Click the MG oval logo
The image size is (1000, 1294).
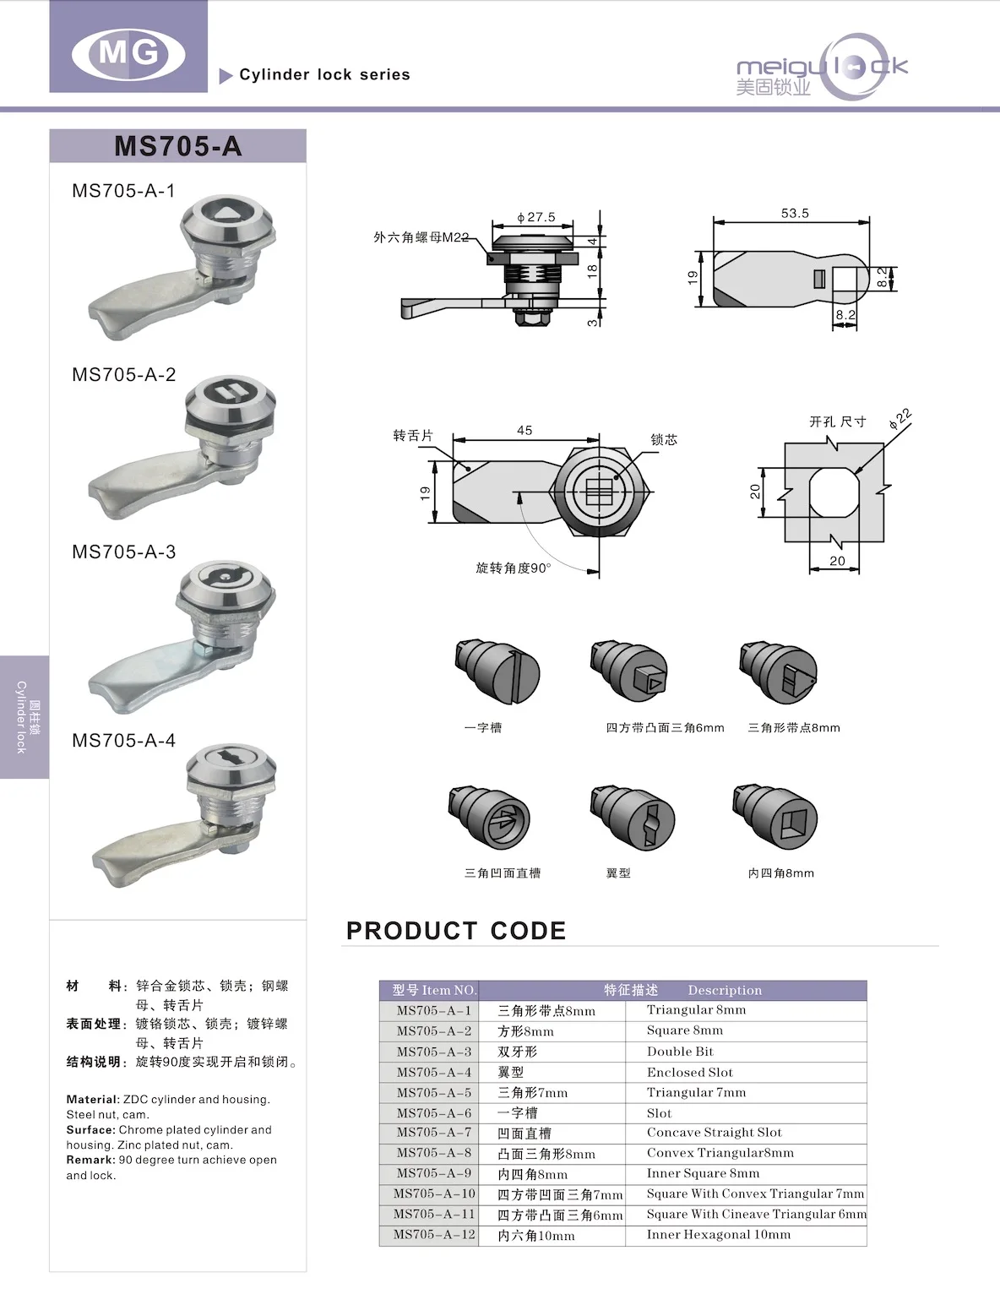pyautogui.click(x=128, y=54)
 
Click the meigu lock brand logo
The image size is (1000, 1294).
pyautogui.click(x=820, y=68)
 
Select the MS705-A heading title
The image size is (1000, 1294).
pyautogui.click(x=177, y=146)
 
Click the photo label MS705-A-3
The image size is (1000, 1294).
pyautogui.click(x=123, y=552)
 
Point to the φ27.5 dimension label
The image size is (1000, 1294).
pyautogui.click(x=536, y=217)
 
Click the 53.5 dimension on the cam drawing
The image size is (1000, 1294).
pyautogui.click(x=795, y=213)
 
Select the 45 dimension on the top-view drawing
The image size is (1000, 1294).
pyautogui.click(x=524, y=430)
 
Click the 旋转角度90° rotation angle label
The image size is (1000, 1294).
pyautogui.click(x=513, y=568)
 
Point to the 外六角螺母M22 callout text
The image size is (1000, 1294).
pyautogui.click(x=421, y=237)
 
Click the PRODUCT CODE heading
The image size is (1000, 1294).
pyautogui.click(x=456, y=931)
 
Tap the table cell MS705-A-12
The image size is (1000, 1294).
pyautogui.click(x=434, y=1235)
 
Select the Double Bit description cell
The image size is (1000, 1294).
pyautogui.click(x=680, y=1052)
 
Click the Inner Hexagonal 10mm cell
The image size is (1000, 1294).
pyautogui.click(x=719, y=1235)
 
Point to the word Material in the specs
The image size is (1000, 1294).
pyautogui.click(x=92, y=1100)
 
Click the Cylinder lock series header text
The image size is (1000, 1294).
pyautogui.click(x=324, y=74)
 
